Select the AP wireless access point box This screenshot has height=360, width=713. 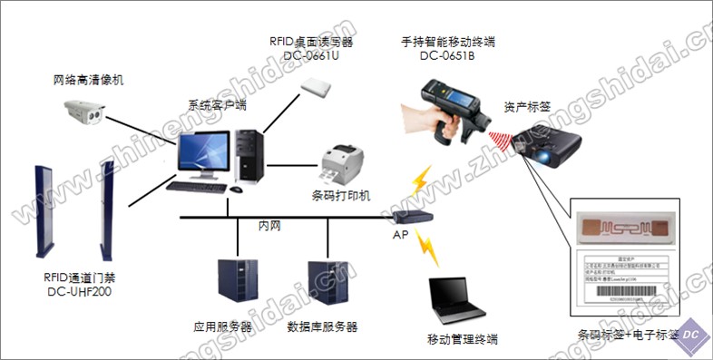coord(413,217)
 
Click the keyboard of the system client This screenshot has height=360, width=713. coord(196,187)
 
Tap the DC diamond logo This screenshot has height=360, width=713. coord(690,333)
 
